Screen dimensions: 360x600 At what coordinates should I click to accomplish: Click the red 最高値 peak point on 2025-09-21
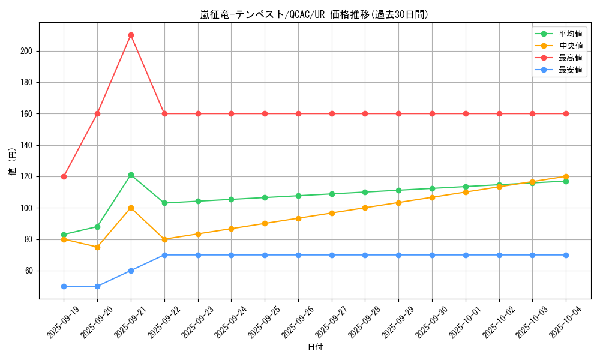[x=131, y=35]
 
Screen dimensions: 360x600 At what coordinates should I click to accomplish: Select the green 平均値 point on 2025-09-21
[x=131, y=175]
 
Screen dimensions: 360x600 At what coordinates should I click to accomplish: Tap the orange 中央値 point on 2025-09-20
[x=97, y=247]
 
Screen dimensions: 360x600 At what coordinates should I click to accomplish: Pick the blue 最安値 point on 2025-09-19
[x=64, y=286]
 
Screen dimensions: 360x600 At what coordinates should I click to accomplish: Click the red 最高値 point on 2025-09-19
[x=64, y=176]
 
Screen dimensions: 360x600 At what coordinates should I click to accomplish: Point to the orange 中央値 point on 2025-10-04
[x=566, y=176]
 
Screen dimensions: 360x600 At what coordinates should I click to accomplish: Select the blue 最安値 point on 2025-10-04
[x=566, y=255]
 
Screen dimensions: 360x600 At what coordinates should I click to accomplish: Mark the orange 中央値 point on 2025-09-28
[x=365, y=208]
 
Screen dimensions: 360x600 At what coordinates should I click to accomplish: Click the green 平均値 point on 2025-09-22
[x=164, y=203]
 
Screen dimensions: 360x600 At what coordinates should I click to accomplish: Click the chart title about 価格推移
[x=314, y=14]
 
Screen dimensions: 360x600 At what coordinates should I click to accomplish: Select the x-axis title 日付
[x=315, y=347]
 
